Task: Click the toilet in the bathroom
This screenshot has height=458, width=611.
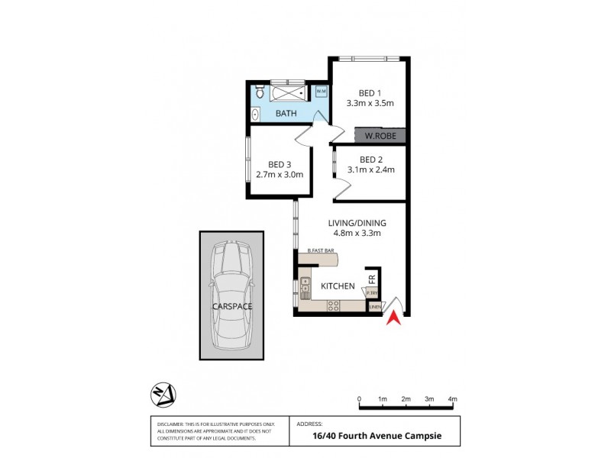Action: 260,94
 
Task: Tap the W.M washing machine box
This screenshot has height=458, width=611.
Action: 322,92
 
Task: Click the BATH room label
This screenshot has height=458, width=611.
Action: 286,114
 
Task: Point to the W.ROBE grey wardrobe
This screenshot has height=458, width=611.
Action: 379,137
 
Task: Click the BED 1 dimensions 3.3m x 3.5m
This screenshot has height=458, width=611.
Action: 370,102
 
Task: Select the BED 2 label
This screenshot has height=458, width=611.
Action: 370,160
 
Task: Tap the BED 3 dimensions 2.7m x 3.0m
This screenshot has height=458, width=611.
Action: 281,174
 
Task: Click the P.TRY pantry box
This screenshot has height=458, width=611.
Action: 372,293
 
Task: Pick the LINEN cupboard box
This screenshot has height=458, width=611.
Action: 374,308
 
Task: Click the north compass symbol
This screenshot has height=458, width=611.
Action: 164,395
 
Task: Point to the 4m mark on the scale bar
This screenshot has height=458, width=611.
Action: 452,398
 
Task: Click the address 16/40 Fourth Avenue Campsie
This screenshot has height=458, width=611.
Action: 377,437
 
